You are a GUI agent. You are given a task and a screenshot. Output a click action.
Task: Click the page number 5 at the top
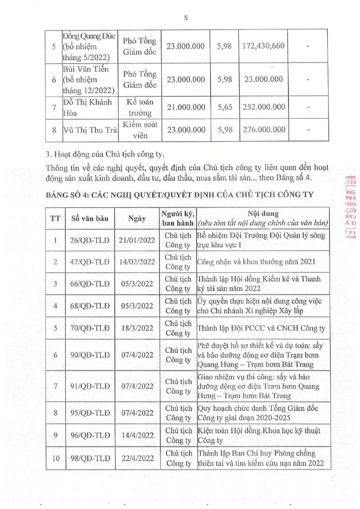point(186,18)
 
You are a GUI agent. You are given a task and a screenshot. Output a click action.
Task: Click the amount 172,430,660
point(263,46)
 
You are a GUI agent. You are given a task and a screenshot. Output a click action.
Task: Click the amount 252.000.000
point(263,107)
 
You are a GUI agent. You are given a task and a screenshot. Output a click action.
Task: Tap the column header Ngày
point(137,218)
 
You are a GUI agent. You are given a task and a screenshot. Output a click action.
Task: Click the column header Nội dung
point(263,214)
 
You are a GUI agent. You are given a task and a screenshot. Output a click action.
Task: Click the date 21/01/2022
point(137,240)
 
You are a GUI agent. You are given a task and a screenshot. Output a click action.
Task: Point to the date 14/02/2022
point(137,262)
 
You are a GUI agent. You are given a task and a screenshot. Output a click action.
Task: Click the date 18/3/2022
point(137,328)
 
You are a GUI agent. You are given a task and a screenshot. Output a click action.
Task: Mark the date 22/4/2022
point(137,459)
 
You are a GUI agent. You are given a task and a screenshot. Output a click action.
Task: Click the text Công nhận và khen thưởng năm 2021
point(256,262)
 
